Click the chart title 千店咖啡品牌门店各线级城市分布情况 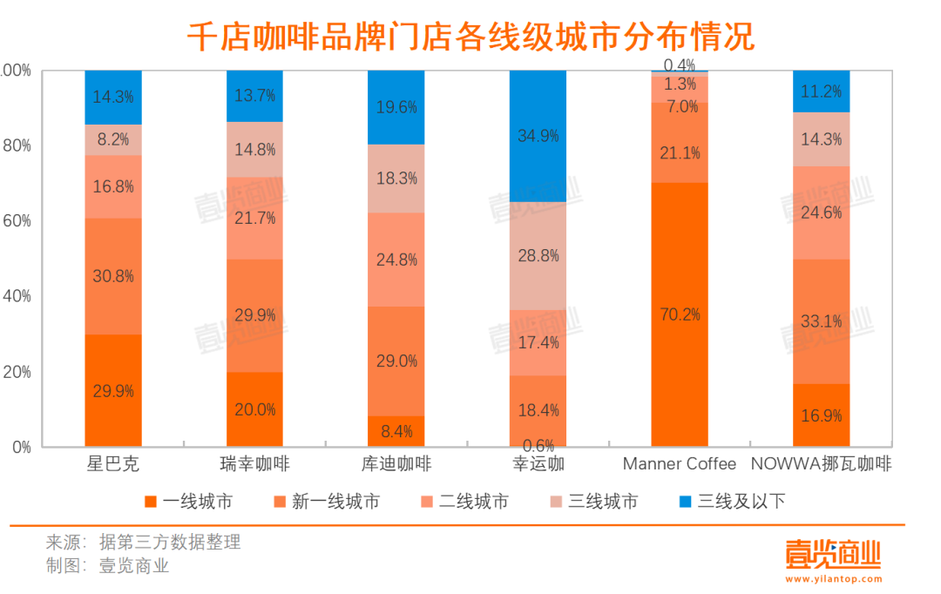point(470,37)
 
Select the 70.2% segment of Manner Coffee point(680,314)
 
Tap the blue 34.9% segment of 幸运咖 point(538,136)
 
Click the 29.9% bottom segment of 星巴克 point(113,391)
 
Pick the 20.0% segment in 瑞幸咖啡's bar point(254,409)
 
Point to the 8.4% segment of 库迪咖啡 point(396,431)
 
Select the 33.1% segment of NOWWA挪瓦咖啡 point(821,321)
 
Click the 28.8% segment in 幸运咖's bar point(538,256)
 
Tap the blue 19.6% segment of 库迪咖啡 point(396,107)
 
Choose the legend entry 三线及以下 point(741,501)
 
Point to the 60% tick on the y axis point(17,221)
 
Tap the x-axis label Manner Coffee point(679,464)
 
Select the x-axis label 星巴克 point(113,464)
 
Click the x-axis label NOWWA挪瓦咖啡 point(821,464)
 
